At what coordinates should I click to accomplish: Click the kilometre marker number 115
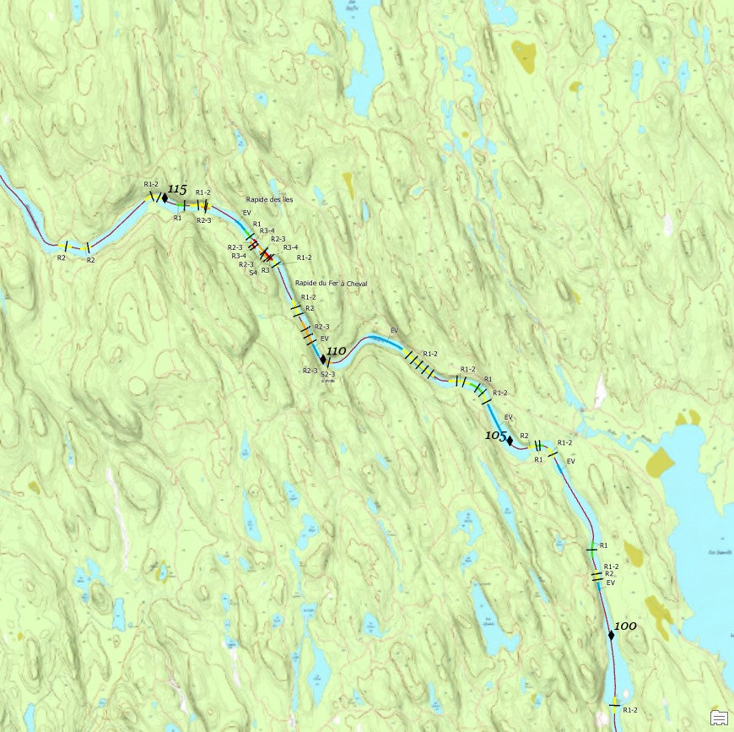click(177, 189)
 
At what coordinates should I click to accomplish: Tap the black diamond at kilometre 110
click(323, 359)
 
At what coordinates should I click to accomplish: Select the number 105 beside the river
click(495, 435)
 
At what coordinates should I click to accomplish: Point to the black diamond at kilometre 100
click(610, 635)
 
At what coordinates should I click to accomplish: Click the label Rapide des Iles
click(270, 199)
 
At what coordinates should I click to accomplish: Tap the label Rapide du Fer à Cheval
click(331, 284)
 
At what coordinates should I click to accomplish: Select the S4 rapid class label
click(253, 273)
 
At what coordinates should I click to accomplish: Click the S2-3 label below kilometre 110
click(328, 374)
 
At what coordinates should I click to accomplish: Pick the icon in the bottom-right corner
click(719, 718)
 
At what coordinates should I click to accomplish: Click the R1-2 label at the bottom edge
click(629, 710)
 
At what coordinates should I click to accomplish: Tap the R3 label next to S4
click(265, 270)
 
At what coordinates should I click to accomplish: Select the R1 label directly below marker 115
click(178, 218)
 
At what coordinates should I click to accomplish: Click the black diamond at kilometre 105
click(510, 440)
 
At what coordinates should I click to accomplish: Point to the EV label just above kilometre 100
click(611, 583)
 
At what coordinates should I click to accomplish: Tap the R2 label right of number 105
click(524, 436)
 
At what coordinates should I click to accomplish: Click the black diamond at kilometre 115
click(165, 198)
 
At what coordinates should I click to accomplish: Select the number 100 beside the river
click(625, 626)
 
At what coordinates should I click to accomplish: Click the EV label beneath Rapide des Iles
click(246, 213)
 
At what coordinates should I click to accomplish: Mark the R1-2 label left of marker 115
click(151, 184)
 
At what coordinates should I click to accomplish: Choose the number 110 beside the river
click(336, 350)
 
